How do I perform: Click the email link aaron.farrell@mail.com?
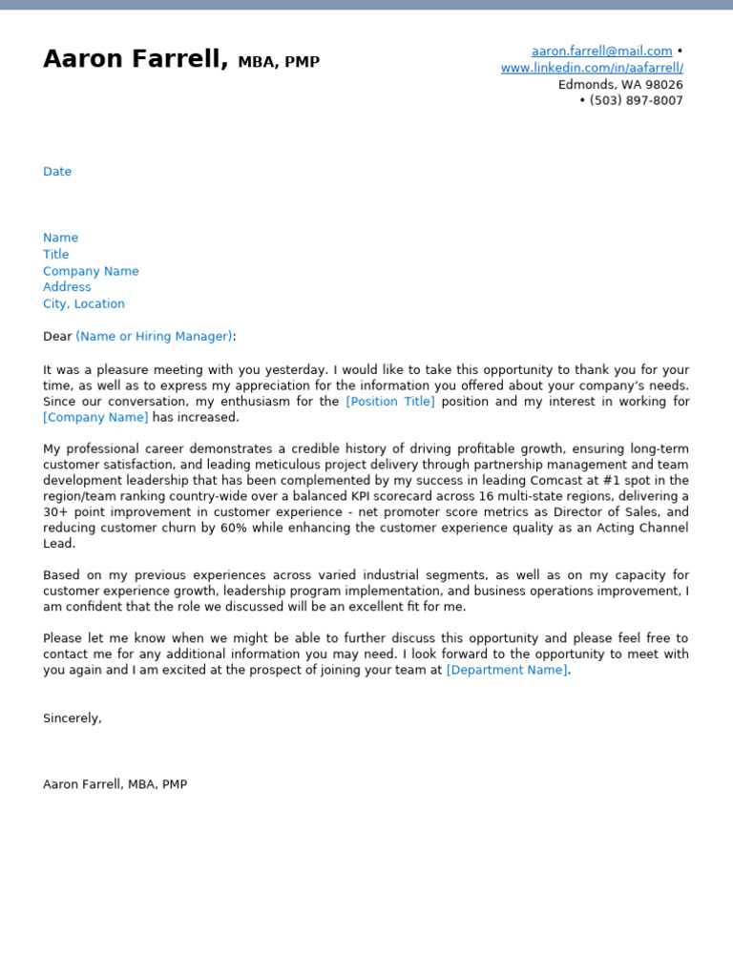pos(601,51)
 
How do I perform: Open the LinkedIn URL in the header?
pos(592,68)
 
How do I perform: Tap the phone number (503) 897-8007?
pos(635,100)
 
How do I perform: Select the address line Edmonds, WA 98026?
pos(620,84)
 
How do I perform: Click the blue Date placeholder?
pos(57,172)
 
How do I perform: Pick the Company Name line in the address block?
pos(91,271)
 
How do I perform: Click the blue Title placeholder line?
pos(56,255)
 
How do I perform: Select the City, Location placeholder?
pos(84,303)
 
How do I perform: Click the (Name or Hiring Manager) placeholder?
pos(154,336)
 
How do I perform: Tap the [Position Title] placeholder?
pos(389,402)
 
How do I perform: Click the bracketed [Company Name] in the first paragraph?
pos(95,417)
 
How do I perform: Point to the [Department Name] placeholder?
pos(507,670)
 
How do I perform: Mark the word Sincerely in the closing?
pos(72,717)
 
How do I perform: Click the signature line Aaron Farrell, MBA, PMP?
pos(115,784)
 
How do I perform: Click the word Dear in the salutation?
pos(57,336)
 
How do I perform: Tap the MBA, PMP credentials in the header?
pos(279,62)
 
